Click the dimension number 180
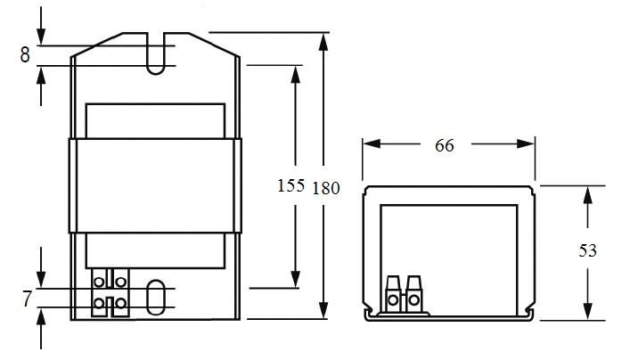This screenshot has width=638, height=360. pos(326,188)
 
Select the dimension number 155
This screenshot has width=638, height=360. pos(290,185)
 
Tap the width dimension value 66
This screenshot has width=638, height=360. pos(445,145)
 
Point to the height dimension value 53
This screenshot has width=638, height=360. pos(587,250)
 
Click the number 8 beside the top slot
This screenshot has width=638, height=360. pos(25,55)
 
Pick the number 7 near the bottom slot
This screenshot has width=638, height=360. pos(27,299)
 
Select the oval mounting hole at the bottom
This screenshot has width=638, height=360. pos(156,298)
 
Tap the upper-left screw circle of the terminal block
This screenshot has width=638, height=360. pos(99,282)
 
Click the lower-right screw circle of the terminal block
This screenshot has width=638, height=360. pos(121,303)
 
